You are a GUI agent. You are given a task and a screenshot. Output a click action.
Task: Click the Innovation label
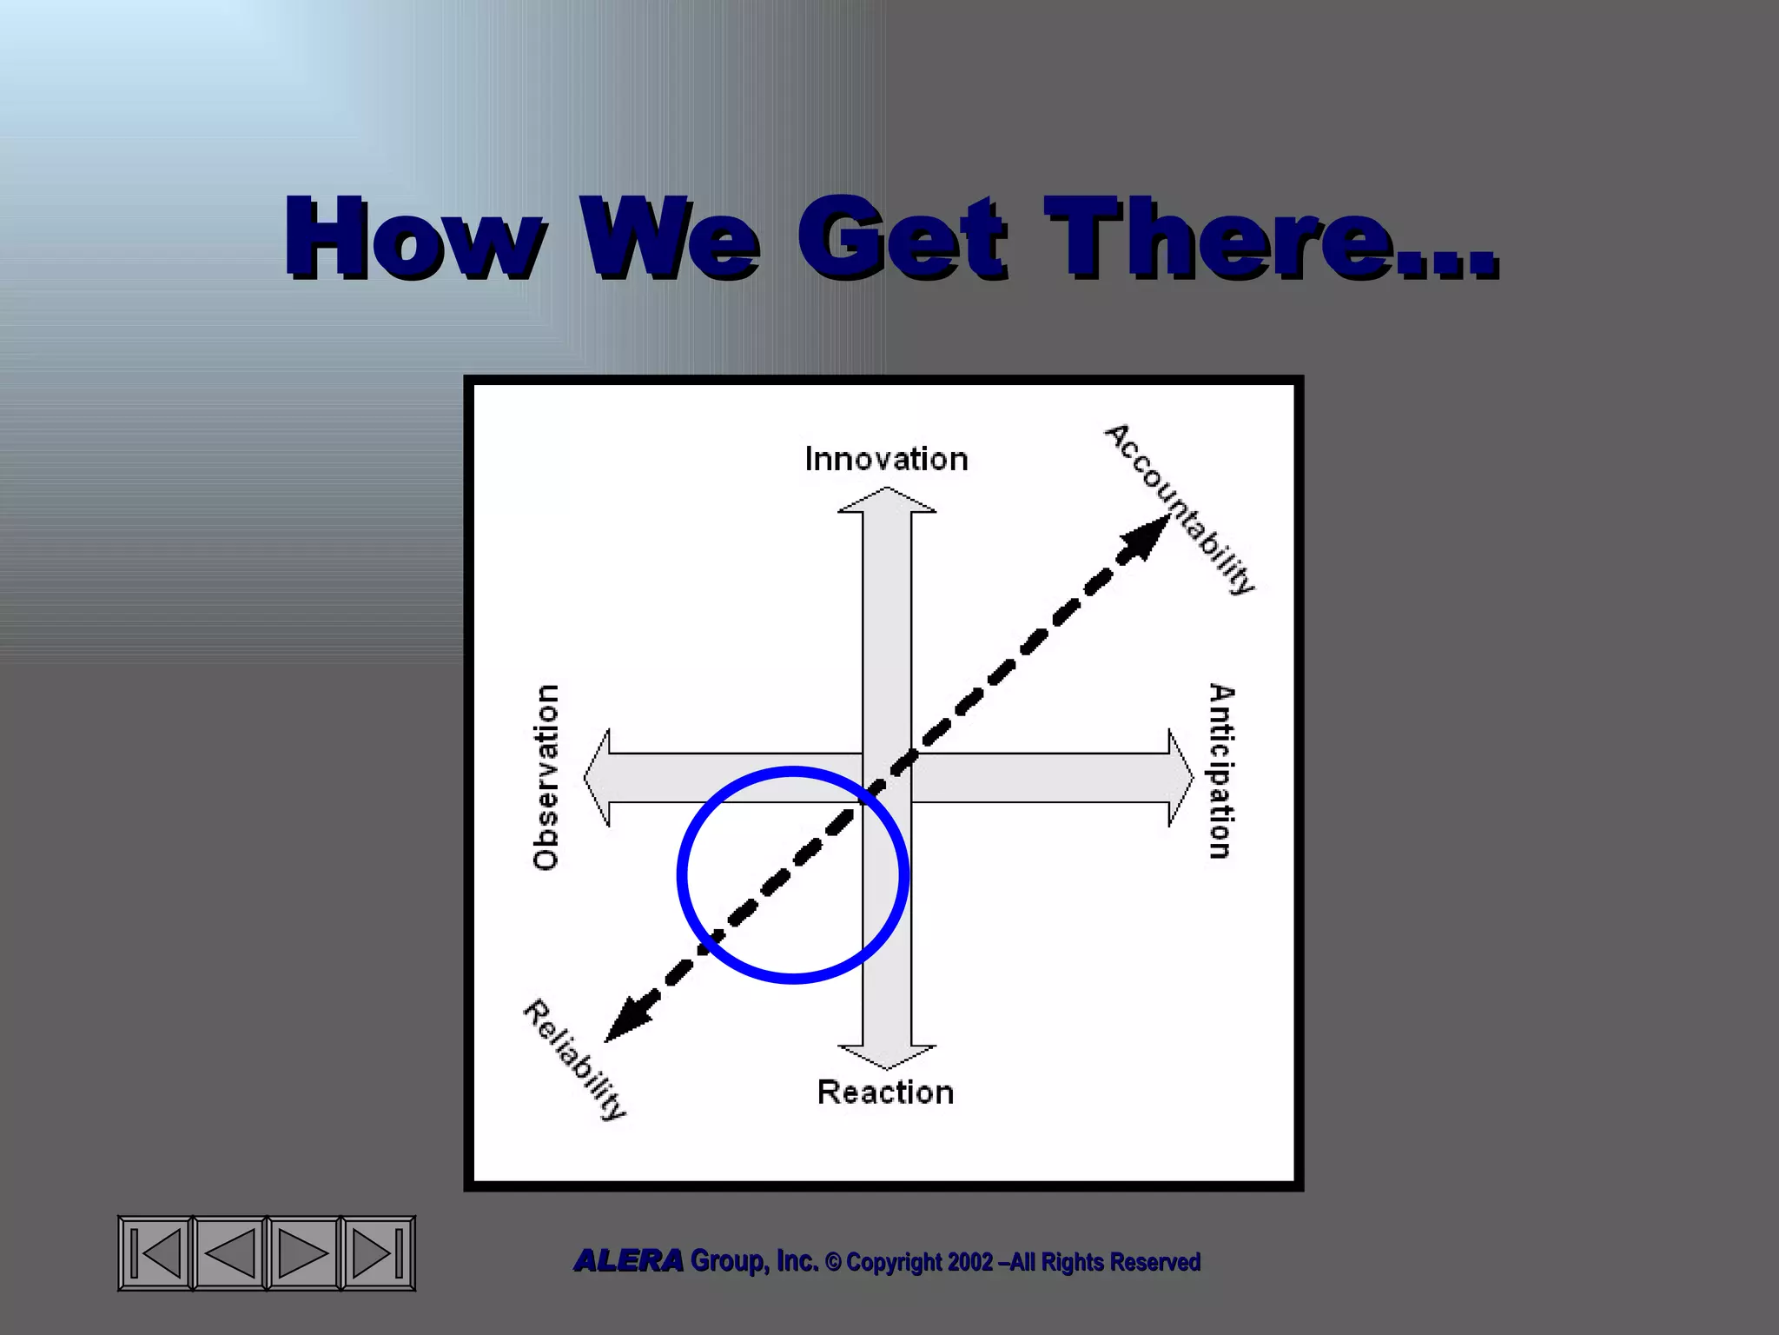coord(886,459)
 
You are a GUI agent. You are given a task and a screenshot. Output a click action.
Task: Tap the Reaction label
coord(885,1093)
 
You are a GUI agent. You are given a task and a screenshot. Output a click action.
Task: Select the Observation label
coord(546,777)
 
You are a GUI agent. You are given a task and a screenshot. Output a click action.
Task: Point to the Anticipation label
coord(1220,772)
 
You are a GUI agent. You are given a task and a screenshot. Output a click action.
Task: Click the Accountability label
coord(1180,509)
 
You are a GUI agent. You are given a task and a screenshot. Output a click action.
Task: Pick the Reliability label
coord(574,1060)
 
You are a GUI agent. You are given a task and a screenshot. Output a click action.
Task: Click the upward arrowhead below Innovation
coord(887,501)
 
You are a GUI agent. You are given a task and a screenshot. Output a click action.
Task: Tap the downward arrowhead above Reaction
coord(887,1056)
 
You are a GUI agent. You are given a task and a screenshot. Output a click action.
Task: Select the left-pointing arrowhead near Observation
coord(598,777)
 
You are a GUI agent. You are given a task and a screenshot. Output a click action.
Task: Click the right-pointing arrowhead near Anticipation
coord(1180,777)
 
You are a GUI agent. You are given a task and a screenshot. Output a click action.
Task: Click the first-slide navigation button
coord(155,1253)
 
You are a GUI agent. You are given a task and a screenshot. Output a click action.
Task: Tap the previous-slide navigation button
coord(229,1253)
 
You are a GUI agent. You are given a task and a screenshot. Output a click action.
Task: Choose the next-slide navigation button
coord(303,1253)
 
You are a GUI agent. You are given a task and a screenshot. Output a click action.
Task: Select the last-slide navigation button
coord(377,1253)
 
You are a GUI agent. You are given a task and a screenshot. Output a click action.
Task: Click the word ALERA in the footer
coord(628,1260)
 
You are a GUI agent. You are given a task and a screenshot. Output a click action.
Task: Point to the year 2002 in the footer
coord(970,1262)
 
